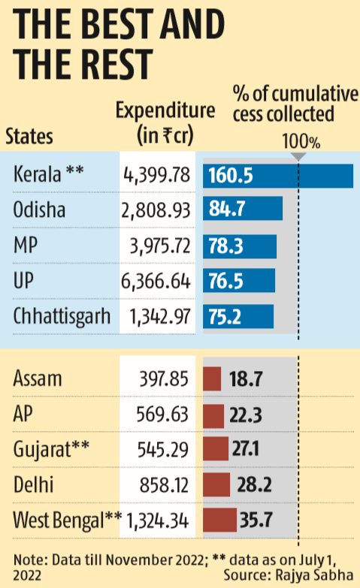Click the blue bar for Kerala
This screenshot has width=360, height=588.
[277, 176]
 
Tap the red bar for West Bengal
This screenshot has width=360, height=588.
[219, 519]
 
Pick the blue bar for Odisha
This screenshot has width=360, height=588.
[242, 209]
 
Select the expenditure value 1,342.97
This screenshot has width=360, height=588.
[156, 315]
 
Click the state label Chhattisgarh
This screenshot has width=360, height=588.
[62, 315]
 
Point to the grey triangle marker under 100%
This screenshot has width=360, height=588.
[298, 156]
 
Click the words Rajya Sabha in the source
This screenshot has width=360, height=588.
[316, 574]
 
